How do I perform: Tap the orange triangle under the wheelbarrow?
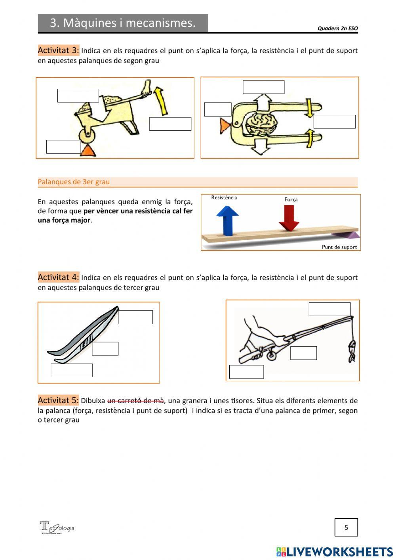point(88,151)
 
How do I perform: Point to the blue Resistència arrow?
point(227,220)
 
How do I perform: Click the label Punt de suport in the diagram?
point(339,247)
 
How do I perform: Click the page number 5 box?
point(346,527)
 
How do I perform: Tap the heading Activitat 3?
point(58,50)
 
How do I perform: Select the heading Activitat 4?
point(58,277)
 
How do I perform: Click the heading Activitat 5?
point(58,400)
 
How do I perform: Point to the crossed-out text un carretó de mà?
point(135,401)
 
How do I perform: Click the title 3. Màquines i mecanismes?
point(123,23)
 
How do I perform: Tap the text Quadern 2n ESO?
point(337,28)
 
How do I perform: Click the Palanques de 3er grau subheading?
point(74,182)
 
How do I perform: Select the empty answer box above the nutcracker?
point(263,87)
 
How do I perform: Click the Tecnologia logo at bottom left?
point(56,527)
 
